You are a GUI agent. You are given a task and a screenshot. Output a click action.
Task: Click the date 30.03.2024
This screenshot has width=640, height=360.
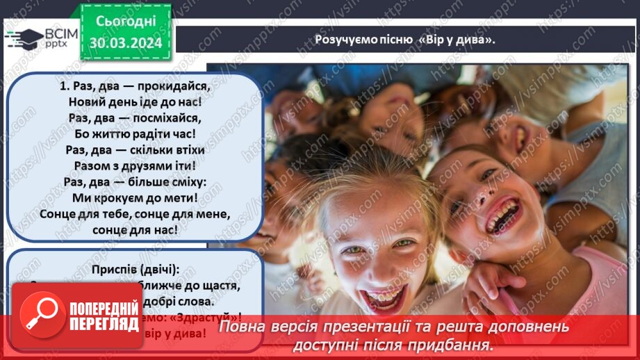point(125,43)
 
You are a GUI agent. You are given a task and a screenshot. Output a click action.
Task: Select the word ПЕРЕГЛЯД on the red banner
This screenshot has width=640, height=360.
point(104,325)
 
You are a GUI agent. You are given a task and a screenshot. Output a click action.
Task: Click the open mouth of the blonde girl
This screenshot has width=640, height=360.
point(384,297)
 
